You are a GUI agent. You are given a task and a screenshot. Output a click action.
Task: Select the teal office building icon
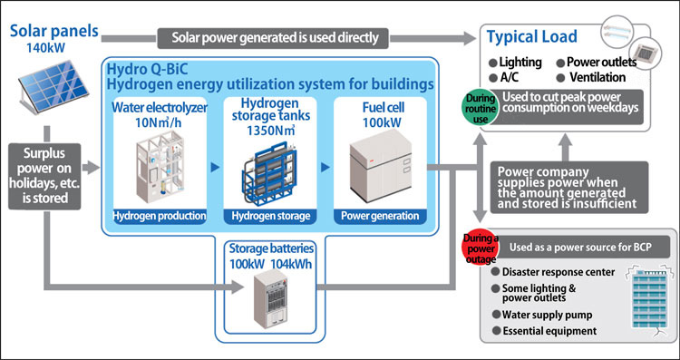[x=644, y=299]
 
